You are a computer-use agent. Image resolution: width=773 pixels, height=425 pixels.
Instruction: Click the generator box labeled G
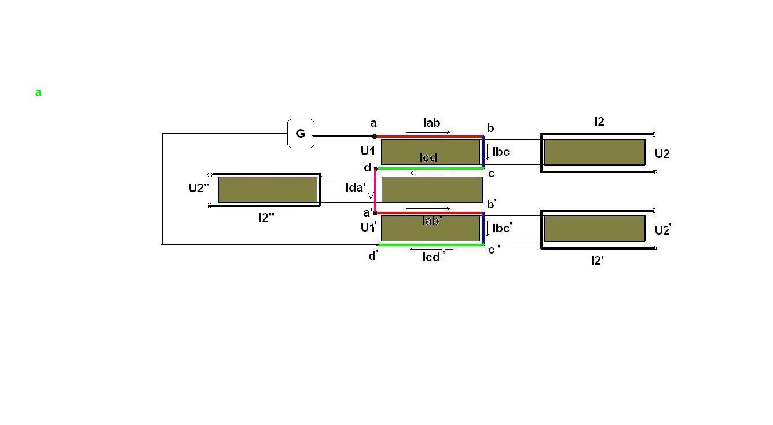pyautogui.click(x=301, y=134)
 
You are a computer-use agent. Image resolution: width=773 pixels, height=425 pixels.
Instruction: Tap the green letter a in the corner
pyautogui.click(x=38, y=92)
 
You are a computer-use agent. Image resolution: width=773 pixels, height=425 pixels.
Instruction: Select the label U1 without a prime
pyautogui.click(x=368, y=151)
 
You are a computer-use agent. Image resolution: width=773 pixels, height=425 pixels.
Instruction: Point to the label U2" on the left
pyautogui.click(x=199, y=188)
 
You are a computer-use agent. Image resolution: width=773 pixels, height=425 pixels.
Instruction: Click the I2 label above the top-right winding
pyautogui.click(x=599, y=122)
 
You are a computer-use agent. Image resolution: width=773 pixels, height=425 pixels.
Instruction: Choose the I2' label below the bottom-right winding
pyautogui.click(x=598, y=261)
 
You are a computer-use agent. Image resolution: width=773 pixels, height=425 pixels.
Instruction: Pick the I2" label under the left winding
pyautogui.click(x=266, y=218)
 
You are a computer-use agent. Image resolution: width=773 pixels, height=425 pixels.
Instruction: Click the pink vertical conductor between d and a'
pyautogui.click(x=375, y=190)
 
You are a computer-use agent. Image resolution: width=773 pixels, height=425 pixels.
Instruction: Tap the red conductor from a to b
pyautogui.click(x=429, y=137)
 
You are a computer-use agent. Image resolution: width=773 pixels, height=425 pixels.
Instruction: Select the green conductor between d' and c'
pyautogui.click(x=431, y=244)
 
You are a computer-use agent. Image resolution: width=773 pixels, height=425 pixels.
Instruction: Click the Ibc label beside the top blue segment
pyautogui.click(x=501, y=152)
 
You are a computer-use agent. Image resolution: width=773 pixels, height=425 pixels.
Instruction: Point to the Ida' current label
pyautogui.click(x=356, y=188)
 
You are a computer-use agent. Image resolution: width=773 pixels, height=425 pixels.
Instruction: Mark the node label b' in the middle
pyautogui.click(x=492, y=204)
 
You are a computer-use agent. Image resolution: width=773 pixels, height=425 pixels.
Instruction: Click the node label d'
pyautogui.click(x=373, y=255)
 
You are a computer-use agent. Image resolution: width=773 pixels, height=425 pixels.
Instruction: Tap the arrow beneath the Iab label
pyautogui.click(x=428, y=132)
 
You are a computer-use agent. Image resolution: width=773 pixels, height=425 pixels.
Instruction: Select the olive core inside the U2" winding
pyautogui.click(x=268, y=189)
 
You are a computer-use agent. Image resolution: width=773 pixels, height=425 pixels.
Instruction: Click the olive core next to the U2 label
pyautogui.click(x=595, y=152)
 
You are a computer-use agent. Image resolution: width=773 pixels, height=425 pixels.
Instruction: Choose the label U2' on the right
pyautogui.click(x=662, y=230)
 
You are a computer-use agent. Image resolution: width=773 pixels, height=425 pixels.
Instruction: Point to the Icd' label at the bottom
pyautogui.click(x=433, y=257)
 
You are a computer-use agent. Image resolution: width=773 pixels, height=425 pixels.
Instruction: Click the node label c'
pyautogui.click(x=494, y=250)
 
